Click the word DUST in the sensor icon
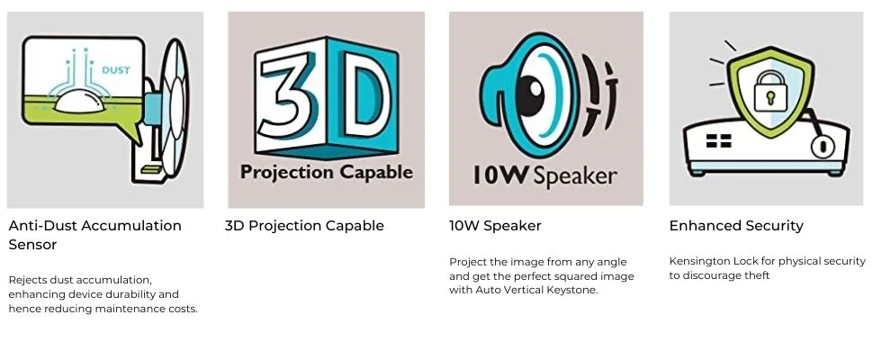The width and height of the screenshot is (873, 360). [114, 69]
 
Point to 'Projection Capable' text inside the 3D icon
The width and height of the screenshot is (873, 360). [326, 172]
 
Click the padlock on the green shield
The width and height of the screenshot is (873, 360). [769, 91]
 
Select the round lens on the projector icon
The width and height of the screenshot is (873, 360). [818, 145]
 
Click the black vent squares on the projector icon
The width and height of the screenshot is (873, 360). [718, 140]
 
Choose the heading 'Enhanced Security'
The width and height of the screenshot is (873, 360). [736, 226]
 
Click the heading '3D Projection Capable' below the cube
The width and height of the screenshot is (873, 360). [304, 226]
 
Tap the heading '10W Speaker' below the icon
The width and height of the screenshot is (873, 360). [495, 226]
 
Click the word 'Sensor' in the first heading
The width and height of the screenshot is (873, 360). [32, 245]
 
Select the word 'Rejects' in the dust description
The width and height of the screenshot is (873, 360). [28, 280]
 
